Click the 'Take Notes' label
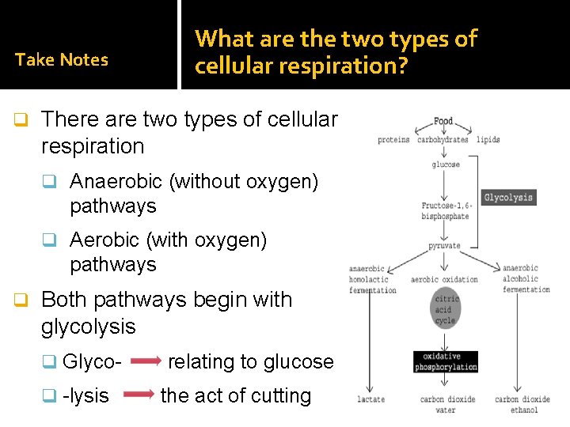pyautogui.click(x=62, y=59)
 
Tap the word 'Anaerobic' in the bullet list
pyautogui.click(x=116, y=181)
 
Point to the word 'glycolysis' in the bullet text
pyautogui.click(x=88, y=327)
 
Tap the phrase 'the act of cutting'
pyautogui.click(x=235, y=395)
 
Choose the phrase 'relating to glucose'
pyautogui.click(x=251, y=362)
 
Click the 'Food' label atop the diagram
pyautogui.click(x=443, y=122)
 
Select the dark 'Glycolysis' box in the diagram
pyautogui.click(x=508, y=197)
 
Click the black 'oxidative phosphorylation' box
pyautogui.click(x=446, y=361)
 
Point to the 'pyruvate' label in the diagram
pyautogui.click(x=445, y=246)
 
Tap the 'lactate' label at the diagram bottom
pyautogui.click(x=370, y=399)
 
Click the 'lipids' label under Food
pyautogui.click(x=488, y=140)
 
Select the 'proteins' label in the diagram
pyautogui.click(x=393, y=140)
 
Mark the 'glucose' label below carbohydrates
pyautogui.click(x=446, y=164)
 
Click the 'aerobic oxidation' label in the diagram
pyautogui.click(x=444, y=279)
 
